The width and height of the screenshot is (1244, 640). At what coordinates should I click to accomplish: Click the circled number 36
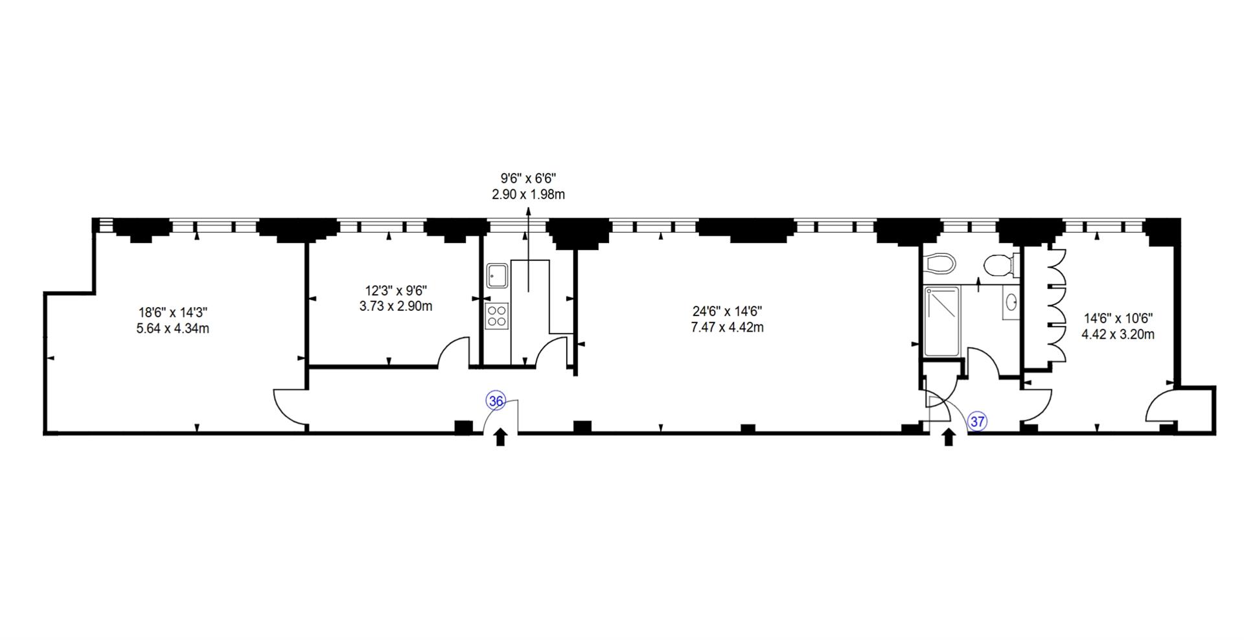coord(496,402)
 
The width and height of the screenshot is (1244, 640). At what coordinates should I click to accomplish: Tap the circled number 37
coord(978,422)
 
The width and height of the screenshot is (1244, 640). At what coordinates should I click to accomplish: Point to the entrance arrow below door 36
coord(500,438)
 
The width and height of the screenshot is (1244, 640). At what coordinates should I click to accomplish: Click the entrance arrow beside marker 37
coord(949,438)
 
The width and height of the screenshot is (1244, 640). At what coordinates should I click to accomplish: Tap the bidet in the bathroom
coord(940,263)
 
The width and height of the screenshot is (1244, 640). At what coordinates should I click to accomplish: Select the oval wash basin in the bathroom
coord(1011,302)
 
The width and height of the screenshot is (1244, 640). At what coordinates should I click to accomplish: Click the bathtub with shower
coord(942,321)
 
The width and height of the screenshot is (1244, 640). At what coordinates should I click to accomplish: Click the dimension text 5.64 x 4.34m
coord(172,328)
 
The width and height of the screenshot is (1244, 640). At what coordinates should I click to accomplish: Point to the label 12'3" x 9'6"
coord(396,291)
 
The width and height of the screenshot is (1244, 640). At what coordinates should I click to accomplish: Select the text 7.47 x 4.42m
coord(727,328)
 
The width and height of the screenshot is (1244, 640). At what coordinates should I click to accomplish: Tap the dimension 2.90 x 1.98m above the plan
coord(529,194)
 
